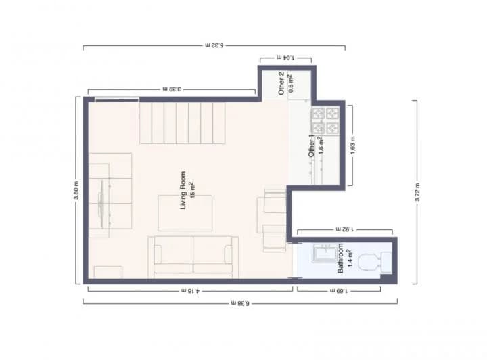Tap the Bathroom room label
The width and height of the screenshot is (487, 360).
tap(341, 258)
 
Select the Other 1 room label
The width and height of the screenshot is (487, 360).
tap(312, 146)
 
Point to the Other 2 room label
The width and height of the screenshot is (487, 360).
tap(282, 82)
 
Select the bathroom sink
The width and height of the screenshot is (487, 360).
tap(328, 255)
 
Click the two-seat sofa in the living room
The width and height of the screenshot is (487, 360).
tap(193, 256)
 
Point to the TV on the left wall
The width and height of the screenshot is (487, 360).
tap(102, 200)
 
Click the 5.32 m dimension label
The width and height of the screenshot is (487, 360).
tap(214, 45)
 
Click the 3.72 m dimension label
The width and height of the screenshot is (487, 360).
tap(418, 192)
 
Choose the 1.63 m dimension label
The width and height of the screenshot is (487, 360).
tap(352, 145)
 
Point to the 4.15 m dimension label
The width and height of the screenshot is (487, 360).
tap(191, 291)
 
